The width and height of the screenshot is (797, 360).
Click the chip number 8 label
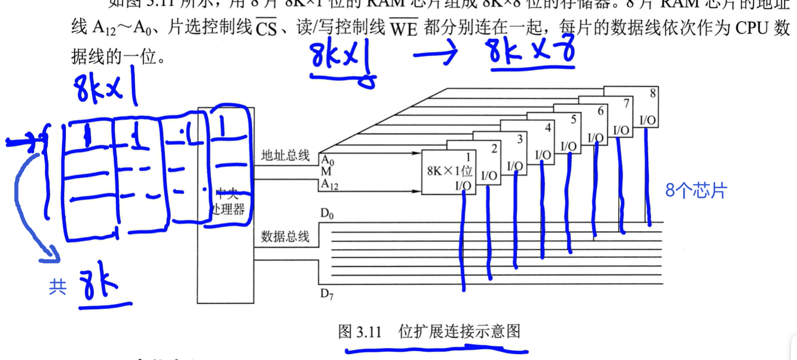click(653, 93)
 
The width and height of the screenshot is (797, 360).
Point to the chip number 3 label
click(520, 139)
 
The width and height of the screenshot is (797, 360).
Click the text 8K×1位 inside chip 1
click(450, 171)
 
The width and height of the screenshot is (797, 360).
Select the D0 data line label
click(327, 214)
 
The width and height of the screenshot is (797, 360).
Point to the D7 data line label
click(327, 295)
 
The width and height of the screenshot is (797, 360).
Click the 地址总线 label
click(285, 155)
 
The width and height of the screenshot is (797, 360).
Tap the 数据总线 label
click(285, 236)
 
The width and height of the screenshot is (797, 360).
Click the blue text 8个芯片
click(696, 191)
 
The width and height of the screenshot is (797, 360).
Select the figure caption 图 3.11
click(360, 331)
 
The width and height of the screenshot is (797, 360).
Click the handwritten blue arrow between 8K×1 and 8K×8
click(437, 56)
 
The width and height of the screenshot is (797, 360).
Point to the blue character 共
click(57, 287)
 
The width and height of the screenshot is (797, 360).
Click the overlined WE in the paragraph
click(403, 28)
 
